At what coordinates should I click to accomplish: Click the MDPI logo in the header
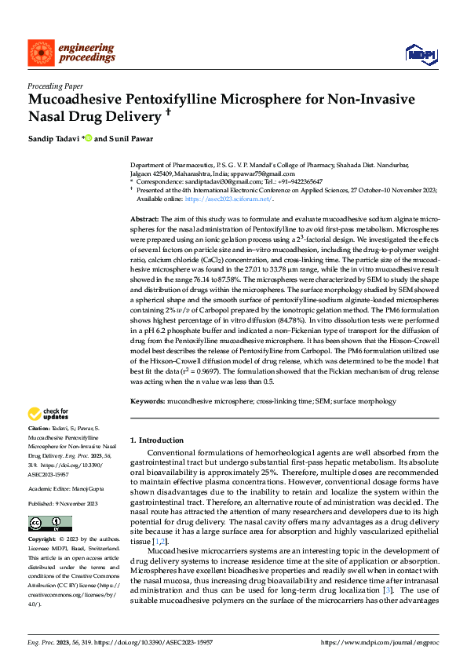coord(421,53)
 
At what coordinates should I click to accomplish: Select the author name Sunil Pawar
coord(122,139)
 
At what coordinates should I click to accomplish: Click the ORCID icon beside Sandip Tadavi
coord(88,139)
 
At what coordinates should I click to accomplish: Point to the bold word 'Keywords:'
coord(147,401)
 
